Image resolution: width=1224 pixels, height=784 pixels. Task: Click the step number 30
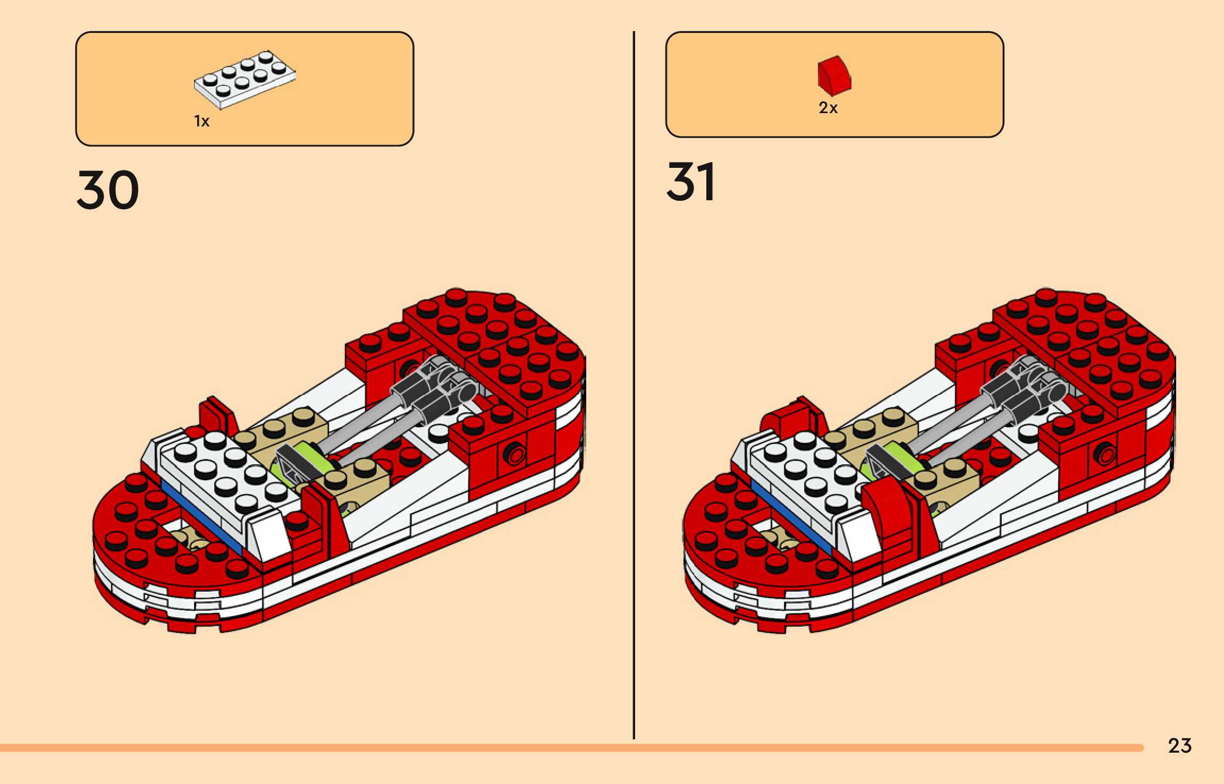click(x=108, y=190)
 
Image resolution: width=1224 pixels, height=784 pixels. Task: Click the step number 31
click(x=690, y=182)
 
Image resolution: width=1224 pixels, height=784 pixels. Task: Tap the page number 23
click(x=1179, y=746)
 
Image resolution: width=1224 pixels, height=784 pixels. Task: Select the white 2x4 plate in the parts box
click(x=244, y=80)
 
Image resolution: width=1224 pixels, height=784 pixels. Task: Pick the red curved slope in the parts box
click(x=834, y=76)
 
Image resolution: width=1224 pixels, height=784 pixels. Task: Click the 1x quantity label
click(x=201, y=122)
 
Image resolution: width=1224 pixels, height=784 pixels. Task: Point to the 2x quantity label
click(x=828, y=108)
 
